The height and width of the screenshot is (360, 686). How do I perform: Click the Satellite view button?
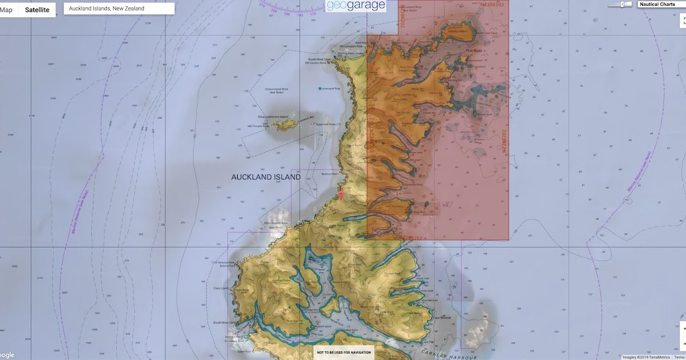(37, 10)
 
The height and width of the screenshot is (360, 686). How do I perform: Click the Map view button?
(7, 10)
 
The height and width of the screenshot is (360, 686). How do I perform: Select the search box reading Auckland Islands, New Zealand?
(118, 9)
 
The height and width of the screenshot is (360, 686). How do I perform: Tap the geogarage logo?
(356, 6)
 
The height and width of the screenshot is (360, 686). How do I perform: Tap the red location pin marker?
(341, 195)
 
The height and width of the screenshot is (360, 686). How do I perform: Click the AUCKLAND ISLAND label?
(266, 177)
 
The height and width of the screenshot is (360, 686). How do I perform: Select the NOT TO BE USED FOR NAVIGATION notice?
(344, 353)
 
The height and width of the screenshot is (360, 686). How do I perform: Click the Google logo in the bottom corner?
(7, 355)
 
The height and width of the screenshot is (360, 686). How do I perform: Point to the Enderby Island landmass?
(457, 31)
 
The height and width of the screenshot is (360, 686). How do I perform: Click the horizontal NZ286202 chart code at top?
(492, 5)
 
